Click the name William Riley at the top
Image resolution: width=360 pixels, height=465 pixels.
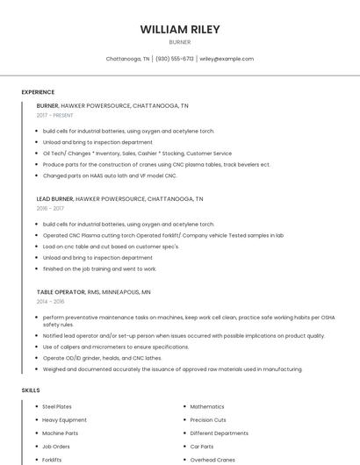pos(180,29)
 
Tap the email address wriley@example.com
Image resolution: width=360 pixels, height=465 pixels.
pos(227,59)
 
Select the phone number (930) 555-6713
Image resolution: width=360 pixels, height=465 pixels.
pos(175,59)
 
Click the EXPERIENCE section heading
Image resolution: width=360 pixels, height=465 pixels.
pos(38,92)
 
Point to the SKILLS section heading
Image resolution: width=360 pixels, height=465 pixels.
pos(31,390)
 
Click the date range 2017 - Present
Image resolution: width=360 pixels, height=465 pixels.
pos(54,115)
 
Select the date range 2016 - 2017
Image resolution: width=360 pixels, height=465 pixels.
pos(50,209)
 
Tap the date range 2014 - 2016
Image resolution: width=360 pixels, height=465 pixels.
pos(50,301)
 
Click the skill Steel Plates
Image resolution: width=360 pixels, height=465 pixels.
pos(57,407)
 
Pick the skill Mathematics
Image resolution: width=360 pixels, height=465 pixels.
pos(207,407)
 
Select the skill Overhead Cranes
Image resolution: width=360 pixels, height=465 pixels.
pos(213,460)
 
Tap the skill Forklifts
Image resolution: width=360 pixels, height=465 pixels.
pos(52,460)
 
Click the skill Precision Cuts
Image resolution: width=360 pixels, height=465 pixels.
pos(208,420)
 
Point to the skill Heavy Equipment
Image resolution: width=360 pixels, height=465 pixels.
pos(64,420)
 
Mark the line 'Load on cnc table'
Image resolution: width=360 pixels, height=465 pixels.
pos(111,247)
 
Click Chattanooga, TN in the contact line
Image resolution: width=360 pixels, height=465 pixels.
pos(127,59)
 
